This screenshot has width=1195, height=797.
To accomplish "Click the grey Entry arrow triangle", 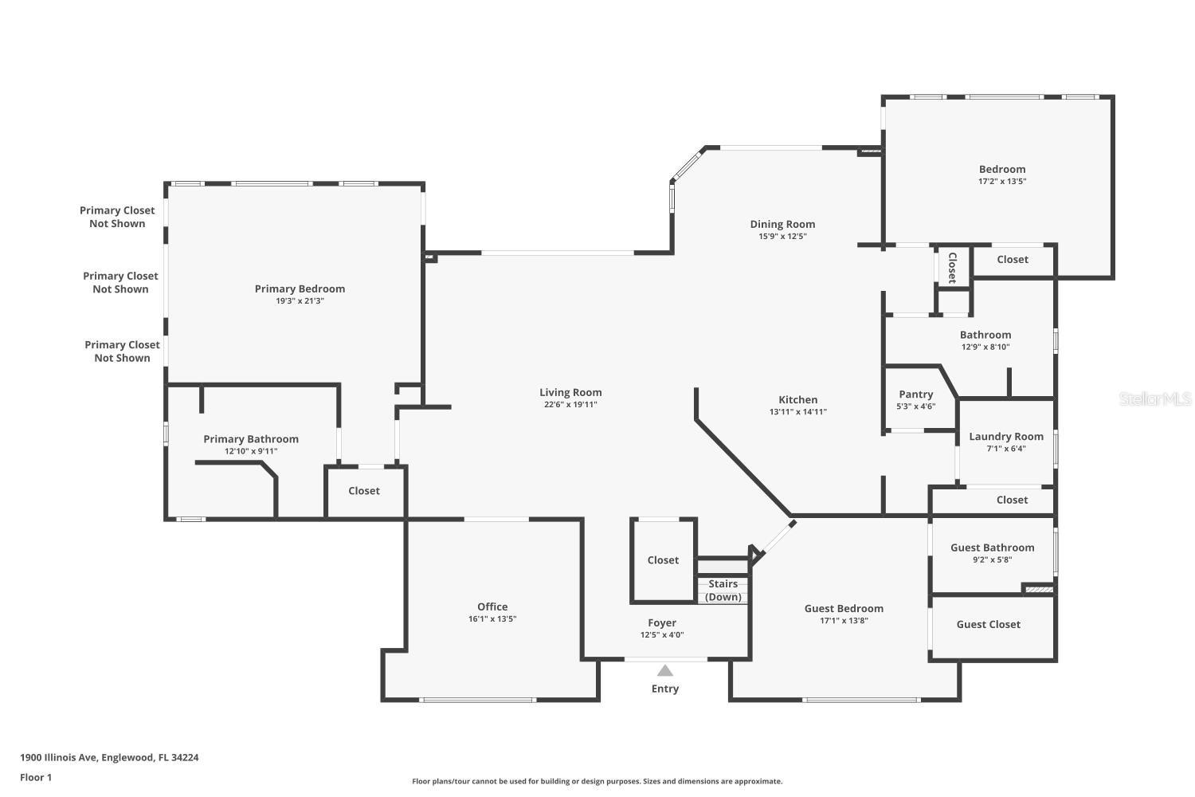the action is (664, 670).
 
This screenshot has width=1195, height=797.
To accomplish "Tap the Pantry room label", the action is (916, 395).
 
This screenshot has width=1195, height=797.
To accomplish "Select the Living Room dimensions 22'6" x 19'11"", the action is (570, 405).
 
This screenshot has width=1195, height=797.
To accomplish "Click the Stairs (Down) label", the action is (723, 591).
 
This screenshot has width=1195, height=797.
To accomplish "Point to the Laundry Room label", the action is (1006, 437).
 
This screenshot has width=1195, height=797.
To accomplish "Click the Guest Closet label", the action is (988, 625).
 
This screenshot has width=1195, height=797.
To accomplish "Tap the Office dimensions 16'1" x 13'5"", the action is (492, 619).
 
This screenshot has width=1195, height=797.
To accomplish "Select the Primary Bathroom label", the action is (251, 439).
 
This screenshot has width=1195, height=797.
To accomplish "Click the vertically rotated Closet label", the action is (952, 268).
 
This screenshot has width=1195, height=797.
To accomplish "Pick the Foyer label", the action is (662, 623).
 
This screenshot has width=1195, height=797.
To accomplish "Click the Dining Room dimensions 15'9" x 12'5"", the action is (782, 237).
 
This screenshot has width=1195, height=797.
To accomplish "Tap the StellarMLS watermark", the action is (1155, 398).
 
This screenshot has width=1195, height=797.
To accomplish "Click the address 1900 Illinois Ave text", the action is (59, 757).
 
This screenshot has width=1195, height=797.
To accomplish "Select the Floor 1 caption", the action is (36, 777).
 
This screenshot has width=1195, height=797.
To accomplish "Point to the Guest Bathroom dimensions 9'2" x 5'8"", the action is (993, 560).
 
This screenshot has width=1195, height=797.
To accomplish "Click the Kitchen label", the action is (797, 400).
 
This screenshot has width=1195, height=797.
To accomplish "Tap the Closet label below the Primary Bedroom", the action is (364, 491).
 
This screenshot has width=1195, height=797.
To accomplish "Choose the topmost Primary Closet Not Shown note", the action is (117, 217).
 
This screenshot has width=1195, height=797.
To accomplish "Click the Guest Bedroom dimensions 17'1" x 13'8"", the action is (844, 621).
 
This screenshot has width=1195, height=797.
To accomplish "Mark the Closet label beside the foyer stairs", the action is (663, 560).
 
